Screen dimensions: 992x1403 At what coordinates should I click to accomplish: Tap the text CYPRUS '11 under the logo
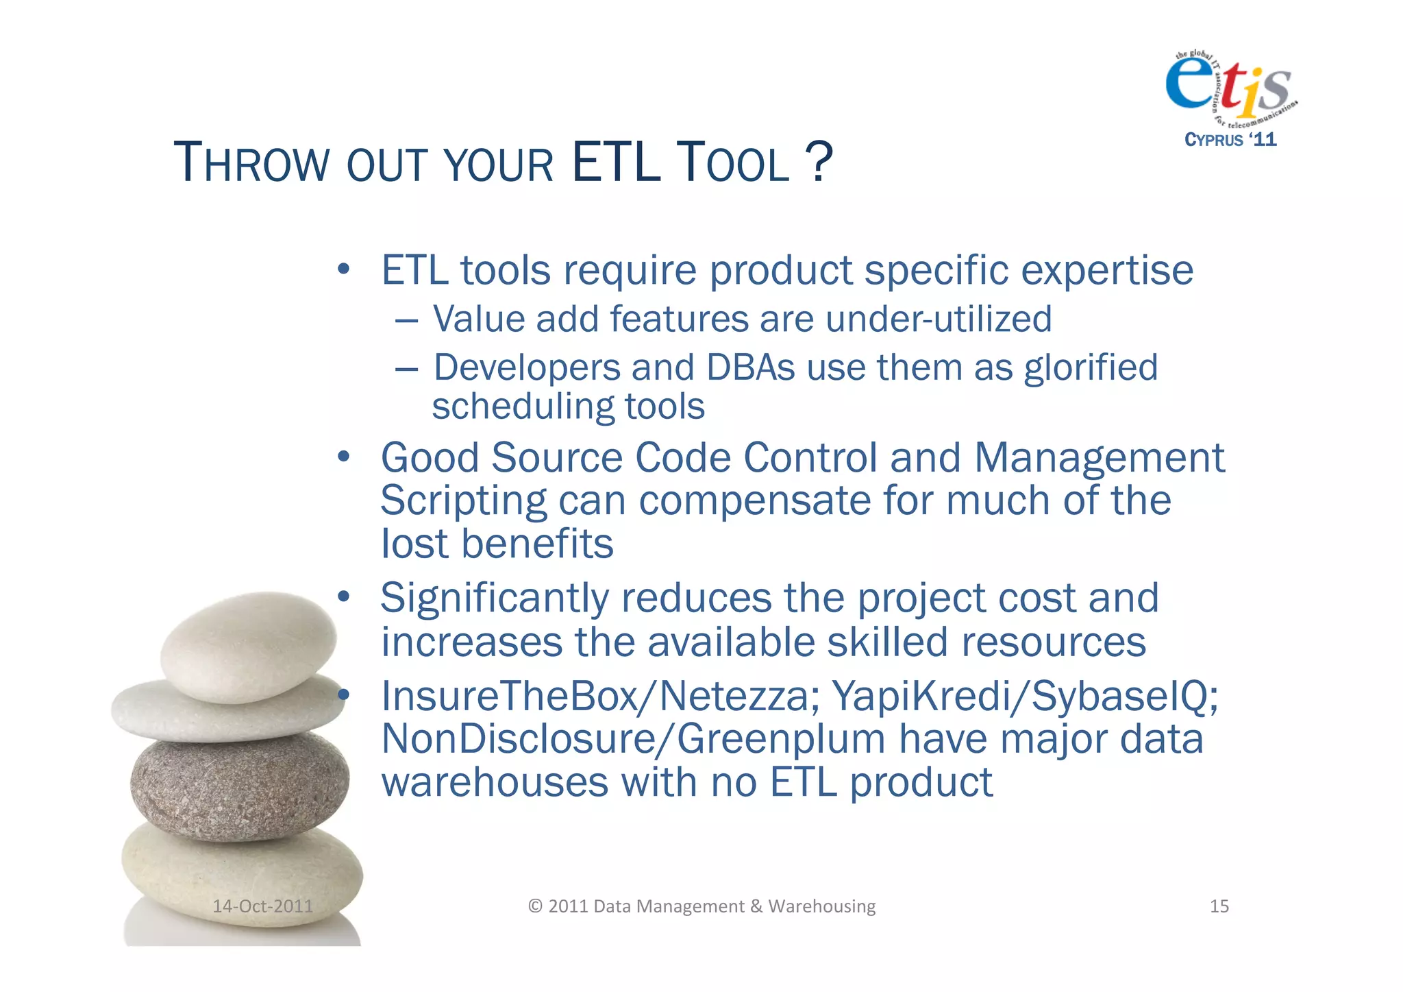(x=1230, y=140)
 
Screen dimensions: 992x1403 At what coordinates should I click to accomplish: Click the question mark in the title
(x=819, y=162)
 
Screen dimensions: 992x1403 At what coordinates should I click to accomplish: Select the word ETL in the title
(x=616, y=162)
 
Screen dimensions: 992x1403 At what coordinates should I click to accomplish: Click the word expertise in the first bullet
(x=1107, y=271)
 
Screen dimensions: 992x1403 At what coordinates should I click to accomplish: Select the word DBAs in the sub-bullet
(x=750, y=367)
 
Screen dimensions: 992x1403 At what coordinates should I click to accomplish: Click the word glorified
(x=1091, y=369)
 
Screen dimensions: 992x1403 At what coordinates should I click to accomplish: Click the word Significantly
(x=494, y=599)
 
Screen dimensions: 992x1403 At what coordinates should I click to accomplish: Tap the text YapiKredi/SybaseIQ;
(x=1025, y=697)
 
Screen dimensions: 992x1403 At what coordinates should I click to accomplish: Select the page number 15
(x=1219, y=906)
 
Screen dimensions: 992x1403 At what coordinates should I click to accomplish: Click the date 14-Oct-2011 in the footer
(x=262, y=906)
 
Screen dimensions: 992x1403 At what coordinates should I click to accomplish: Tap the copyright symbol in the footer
(x=535, y=906)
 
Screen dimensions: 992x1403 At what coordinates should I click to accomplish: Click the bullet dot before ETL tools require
(x=344, y=269)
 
